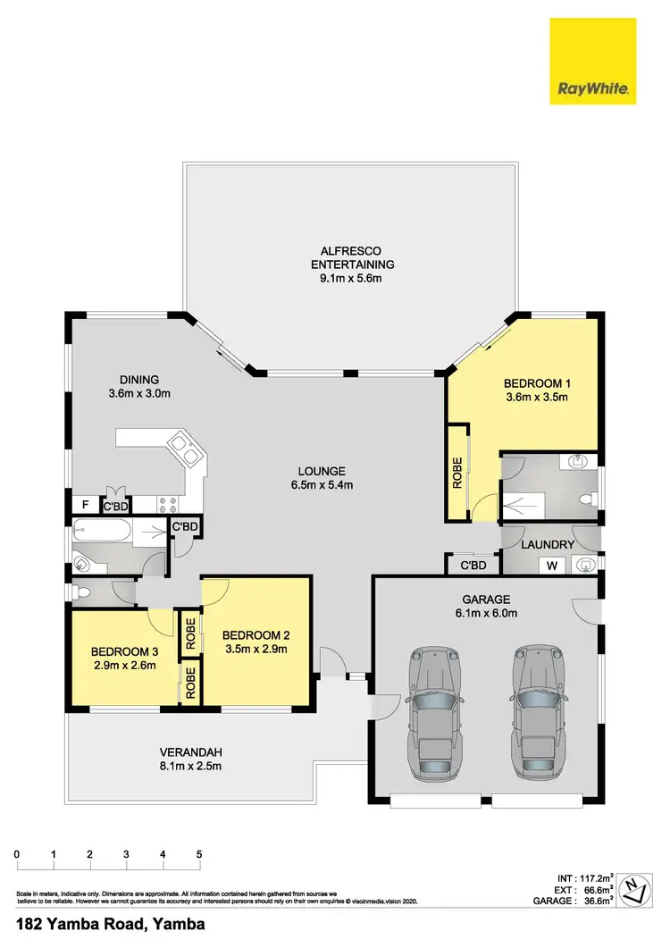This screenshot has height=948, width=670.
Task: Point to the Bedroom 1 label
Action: click(x=537, y=384)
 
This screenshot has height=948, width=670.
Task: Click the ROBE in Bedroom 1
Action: click(x=457, y=473)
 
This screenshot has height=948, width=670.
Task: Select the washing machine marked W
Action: click(x=551, y=565)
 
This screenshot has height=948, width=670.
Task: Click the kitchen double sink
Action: click(x=185, y=449)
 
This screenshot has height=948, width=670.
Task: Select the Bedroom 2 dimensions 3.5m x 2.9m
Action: click(x=255, y=650)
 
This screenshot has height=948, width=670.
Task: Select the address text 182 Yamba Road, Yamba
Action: click(x=111, y=924)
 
